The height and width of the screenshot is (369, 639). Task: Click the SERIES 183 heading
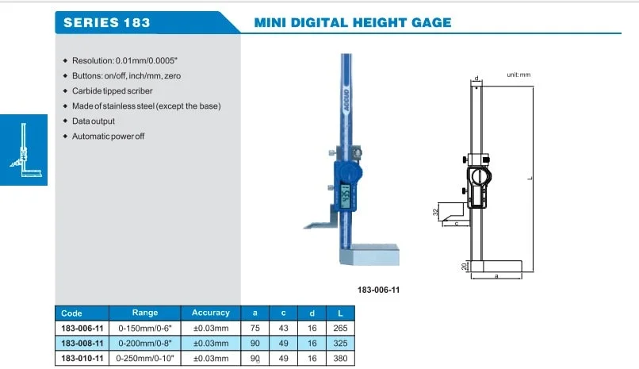107,22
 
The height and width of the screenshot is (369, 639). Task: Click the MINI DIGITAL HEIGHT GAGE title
353,22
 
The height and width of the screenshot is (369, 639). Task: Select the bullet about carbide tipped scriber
112,91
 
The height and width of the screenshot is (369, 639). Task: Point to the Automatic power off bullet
108,136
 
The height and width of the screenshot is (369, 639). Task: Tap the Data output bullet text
94,121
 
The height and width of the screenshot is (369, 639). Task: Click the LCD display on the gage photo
345,196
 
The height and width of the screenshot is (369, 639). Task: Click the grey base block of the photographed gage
370,255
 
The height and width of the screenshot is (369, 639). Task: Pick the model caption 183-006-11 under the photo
379,290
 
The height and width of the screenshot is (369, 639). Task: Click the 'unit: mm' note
518,75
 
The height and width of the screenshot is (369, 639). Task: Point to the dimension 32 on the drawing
435,212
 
